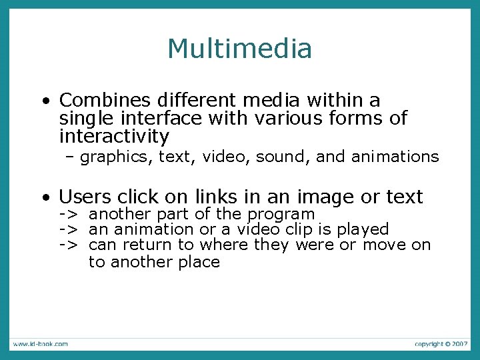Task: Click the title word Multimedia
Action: [239, 49]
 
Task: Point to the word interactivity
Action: [114, 137]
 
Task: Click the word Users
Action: [85, 197]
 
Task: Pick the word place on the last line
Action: [199, 262]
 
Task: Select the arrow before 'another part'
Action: [67, 214]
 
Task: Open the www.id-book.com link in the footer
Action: [40, 344]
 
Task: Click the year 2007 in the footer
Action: [459, 344]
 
